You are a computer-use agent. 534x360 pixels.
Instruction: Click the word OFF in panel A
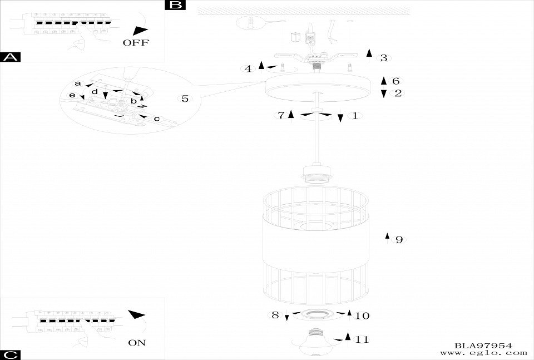136,43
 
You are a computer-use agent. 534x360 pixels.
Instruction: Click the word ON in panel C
136,343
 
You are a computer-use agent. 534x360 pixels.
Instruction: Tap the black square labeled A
11,57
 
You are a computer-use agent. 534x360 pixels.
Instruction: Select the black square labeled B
175,5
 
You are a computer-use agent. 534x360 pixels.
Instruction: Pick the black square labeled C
11,355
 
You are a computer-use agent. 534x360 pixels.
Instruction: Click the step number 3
383,58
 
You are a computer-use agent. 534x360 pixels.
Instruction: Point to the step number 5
185,99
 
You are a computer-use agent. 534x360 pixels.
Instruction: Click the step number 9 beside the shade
398,240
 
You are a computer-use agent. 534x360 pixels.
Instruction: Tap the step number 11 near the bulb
362,339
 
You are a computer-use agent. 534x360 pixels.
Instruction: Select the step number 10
362,316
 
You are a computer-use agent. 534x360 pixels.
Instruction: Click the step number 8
275,315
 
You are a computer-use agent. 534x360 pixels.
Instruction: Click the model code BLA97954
483,346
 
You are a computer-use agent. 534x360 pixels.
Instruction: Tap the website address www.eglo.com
483,353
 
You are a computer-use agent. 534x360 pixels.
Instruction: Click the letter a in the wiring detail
78,83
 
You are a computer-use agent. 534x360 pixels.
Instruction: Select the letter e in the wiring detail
72,96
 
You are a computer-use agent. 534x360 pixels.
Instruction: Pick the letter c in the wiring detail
156,119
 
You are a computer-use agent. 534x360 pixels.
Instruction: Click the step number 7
281,115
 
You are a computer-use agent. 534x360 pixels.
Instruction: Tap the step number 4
248,69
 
